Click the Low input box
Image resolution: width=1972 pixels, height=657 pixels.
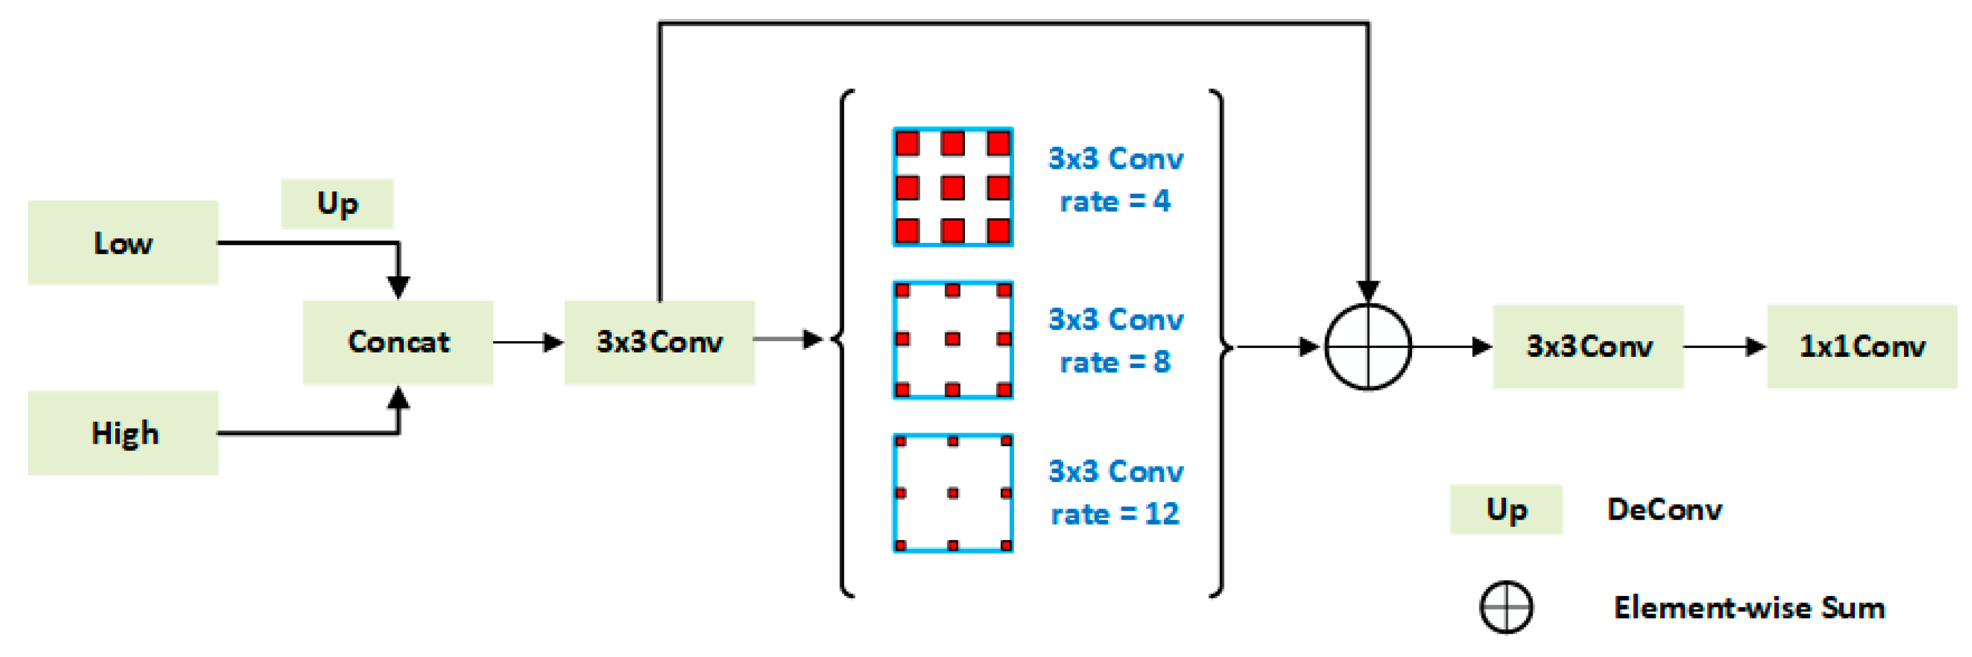pos(122,242)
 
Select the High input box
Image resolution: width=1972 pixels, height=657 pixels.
pos(122,433)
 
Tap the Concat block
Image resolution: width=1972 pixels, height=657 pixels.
pos(398,342)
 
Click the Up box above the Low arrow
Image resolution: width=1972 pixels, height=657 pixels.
pos(337,203)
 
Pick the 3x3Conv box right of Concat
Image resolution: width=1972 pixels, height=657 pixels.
pos(659,342)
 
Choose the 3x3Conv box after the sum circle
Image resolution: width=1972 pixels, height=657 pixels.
pos(1588,347)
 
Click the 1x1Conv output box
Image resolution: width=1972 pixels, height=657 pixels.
pos(1861,347)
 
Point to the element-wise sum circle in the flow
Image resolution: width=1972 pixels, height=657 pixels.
pos(1367,347)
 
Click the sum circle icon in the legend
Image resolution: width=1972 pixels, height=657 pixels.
pos(1505,607)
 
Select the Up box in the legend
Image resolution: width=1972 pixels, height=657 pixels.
pos(1505,509)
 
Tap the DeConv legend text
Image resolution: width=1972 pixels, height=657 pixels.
pos(1664,509)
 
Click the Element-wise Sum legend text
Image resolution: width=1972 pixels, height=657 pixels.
pos(1748,608)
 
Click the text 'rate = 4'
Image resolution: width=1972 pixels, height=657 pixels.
pos(1115,201)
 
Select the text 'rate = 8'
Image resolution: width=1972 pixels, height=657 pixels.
pos(1115,362)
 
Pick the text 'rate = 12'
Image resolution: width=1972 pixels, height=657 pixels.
pos(1115,514)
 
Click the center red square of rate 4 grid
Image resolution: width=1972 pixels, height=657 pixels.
pos(952,188)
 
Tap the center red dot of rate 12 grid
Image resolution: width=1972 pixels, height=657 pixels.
pos(952,493)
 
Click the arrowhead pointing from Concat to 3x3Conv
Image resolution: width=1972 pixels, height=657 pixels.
pos(554,342)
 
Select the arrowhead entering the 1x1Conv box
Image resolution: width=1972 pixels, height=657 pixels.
pos(1755,347)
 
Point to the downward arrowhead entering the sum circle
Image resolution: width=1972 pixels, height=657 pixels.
pos(1367,291)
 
